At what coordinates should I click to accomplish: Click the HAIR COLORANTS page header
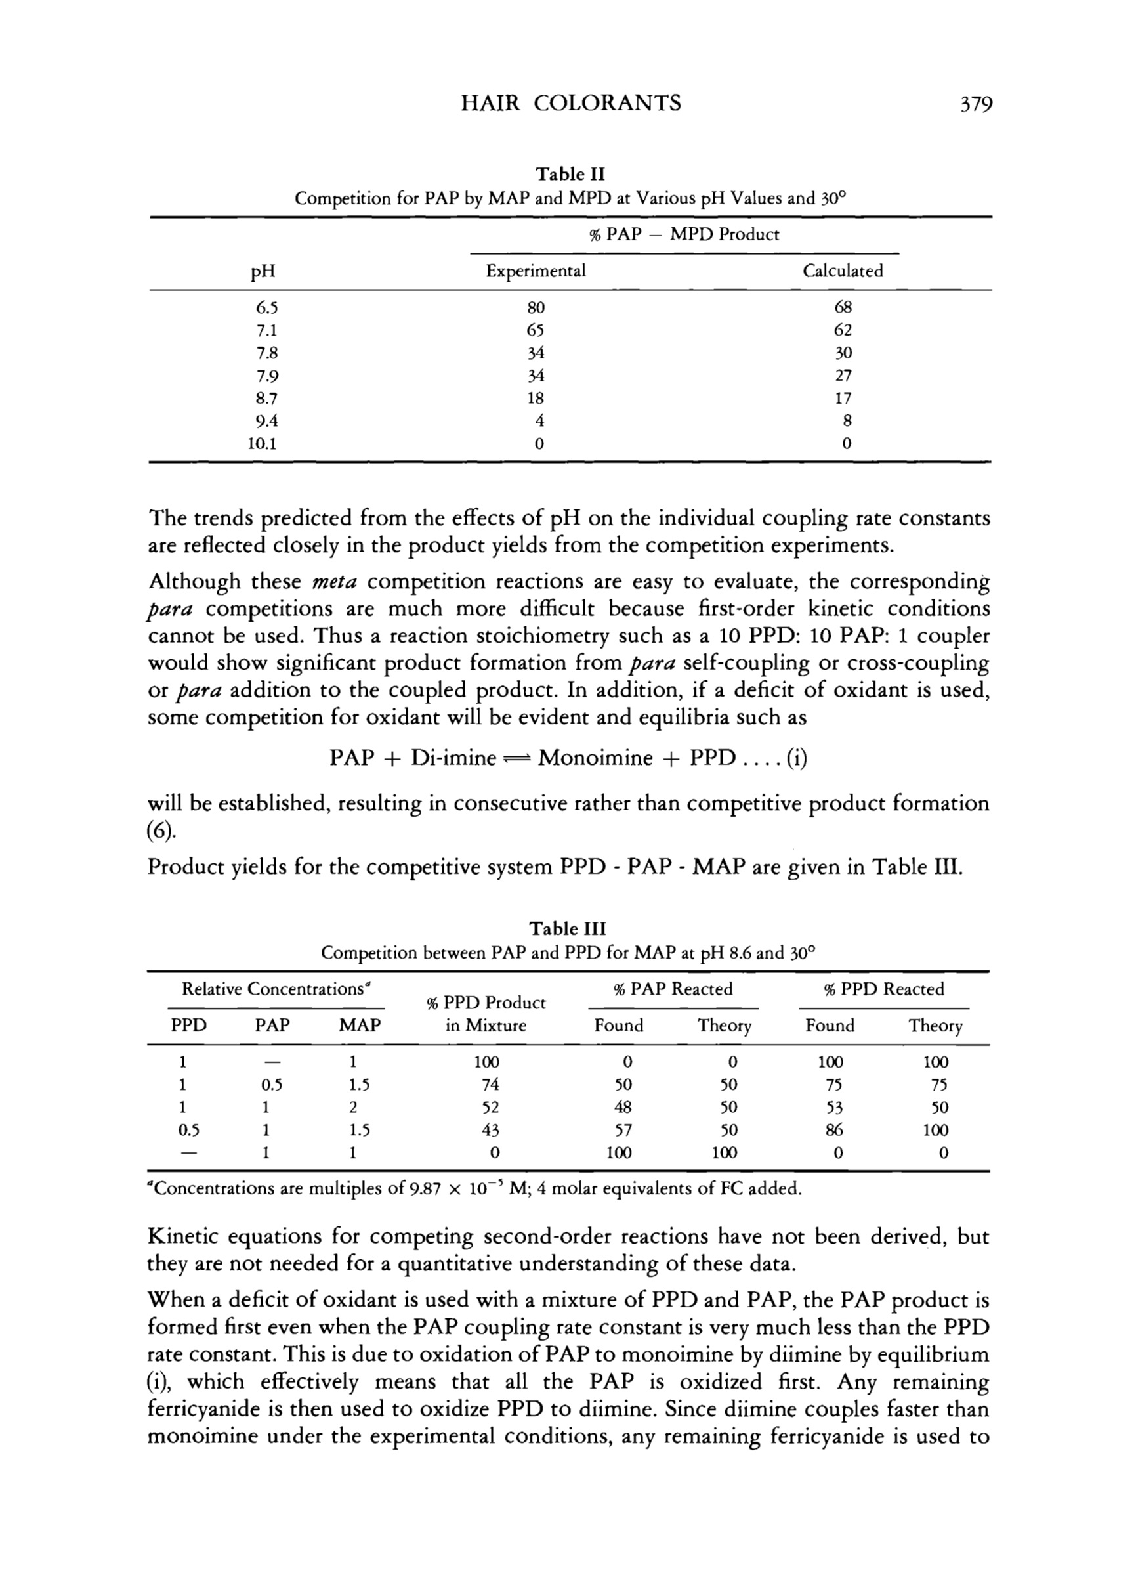(x=572, y=104)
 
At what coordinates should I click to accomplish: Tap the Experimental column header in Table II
(x=536, y=271)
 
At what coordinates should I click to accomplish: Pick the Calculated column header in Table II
(x=843, y=271)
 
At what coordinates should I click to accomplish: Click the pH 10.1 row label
(x=263, y=443)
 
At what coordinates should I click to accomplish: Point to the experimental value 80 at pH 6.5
(x=536, y=307)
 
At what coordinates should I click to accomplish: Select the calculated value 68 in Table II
(x=843, y=307)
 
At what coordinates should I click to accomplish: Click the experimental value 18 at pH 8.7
(x=536, y=398)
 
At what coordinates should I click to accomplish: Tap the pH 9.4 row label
(x=263, y=421)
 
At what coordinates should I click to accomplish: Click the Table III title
(x=568, y=929)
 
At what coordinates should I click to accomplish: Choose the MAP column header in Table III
(x=360, y=1026)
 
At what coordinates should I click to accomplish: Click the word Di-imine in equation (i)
(x=452, y=758)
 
